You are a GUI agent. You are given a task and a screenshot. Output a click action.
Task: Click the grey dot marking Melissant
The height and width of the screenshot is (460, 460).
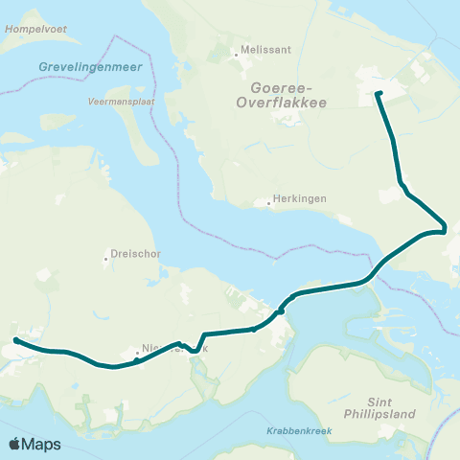pyautogui.click(x=237, y=55)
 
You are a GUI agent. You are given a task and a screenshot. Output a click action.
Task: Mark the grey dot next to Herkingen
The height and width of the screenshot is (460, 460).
pyautogui.click(x=269, y=203)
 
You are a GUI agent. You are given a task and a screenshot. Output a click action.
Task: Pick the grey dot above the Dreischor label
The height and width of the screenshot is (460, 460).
pyautogui.click(x=107, y=258)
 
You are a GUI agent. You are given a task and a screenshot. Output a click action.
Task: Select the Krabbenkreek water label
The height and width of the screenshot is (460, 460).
pyautogui.click(x=299, y=430)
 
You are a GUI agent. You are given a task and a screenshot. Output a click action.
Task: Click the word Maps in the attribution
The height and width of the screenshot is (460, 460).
pyautogui.click(x=42, y=444)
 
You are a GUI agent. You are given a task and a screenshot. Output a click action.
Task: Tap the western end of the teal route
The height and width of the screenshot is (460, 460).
pyautogui.click(x=16, y=340)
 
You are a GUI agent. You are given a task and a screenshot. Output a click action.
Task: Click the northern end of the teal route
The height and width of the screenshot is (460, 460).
pyautogui.click(x=378, y=94)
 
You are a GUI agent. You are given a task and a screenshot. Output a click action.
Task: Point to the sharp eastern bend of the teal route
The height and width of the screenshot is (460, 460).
pyautogui.click(x=445, y=229)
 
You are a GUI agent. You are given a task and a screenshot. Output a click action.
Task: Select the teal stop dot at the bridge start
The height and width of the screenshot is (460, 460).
pyautogui.click(x=281, y=310)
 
